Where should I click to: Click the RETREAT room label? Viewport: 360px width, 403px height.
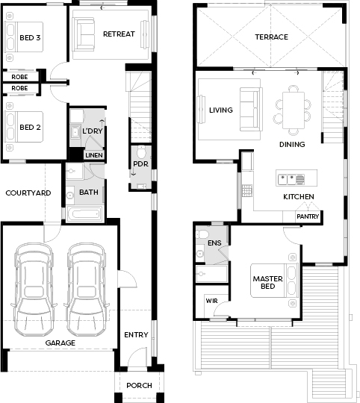click(119, 34)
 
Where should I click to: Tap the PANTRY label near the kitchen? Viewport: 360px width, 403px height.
click(308, 216)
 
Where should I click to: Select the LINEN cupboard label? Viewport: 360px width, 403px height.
click(94, 155)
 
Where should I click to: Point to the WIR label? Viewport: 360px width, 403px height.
click(211, 301)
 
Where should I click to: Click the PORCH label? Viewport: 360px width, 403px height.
click(139, 386)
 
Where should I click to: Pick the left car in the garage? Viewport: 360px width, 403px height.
click(34, 290)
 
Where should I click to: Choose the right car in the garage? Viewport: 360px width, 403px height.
click(87, 290)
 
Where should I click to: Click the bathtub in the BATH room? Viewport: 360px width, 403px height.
click(85, 214)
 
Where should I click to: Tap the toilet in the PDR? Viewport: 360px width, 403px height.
click(141, 153)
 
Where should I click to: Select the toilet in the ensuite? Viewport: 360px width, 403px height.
click(202, 234)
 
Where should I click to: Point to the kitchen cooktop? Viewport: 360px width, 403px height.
click(247, 191)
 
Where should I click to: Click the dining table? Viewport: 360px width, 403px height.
click(294, 110)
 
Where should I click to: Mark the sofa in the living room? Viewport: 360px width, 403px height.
click(251, 110)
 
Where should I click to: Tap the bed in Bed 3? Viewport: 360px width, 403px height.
click(24, 37)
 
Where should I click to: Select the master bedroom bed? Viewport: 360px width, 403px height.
click(274, 281)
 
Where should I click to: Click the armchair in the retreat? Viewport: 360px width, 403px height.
click(83, 34)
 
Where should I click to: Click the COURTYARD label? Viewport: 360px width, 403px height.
click(28, 193)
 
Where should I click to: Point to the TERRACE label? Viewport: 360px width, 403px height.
click(272, 37)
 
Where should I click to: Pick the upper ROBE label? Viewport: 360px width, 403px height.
click(19, 77)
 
